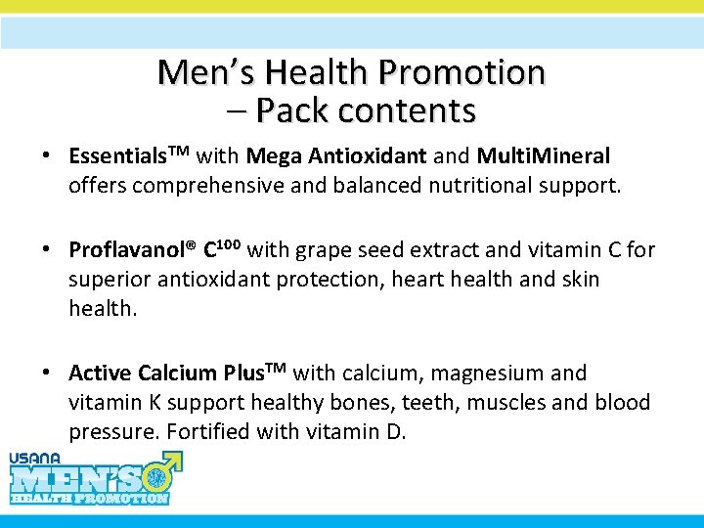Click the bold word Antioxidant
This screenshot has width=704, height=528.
pyautogui.click(x=366, y=156)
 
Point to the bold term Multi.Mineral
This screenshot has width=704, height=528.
pyautogui.click(x=544, y=156)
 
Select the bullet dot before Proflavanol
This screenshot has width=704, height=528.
pyautogui.click(x=47, y=250)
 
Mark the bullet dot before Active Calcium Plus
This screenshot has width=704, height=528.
pyautogui.click(x=47, y=374)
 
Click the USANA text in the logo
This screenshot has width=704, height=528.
pyautogui.click(x=35, y=458)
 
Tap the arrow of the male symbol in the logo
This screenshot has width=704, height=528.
pyautogui.click(x=175, y=457)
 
